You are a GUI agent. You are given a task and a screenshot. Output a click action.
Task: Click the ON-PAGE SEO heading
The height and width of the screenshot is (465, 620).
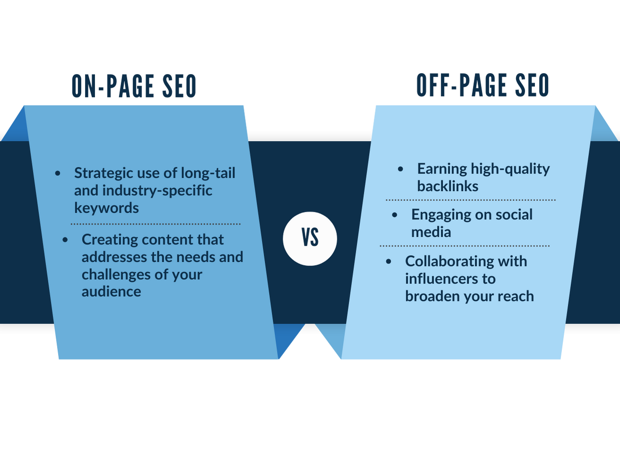pyautogui.click(x=134, y=86)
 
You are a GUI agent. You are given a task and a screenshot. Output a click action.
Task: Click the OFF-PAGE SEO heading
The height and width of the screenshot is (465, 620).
pyautogui.click(x=482, y=86)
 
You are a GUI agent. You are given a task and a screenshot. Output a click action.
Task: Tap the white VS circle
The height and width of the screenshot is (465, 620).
pyautogui.click(x=310, y=239)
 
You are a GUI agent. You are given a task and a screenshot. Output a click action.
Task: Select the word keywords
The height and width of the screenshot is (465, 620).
pyautogui.click(x=106, y=208)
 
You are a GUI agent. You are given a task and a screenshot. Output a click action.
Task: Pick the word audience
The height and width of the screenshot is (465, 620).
pyautogui.click(x=111, y=292)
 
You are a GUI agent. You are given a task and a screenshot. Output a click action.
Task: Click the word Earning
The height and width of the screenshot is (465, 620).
pyautogui.click(x=442, y=169)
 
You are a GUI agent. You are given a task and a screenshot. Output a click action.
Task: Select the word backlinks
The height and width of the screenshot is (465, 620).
pyautogui.click(x=448, y=186)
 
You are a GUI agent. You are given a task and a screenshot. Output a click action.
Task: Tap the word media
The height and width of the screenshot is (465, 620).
pyautogui.click(x=431, y=232)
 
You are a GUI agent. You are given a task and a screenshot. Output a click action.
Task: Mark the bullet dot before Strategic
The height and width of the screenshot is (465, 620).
pyautogui.click(x=58, y=173)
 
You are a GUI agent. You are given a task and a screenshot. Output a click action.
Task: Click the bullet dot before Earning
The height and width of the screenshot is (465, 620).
pyautogui.click(x=401, y=169)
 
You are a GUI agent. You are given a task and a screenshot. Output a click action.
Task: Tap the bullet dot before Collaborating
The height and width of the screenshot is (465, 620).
pyautogui.click(x=389, y=261)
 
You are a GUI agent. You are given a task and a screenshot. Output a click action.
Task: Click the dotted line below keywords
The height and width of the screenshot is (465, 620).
pyautogui.click(x=155, y=224)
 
